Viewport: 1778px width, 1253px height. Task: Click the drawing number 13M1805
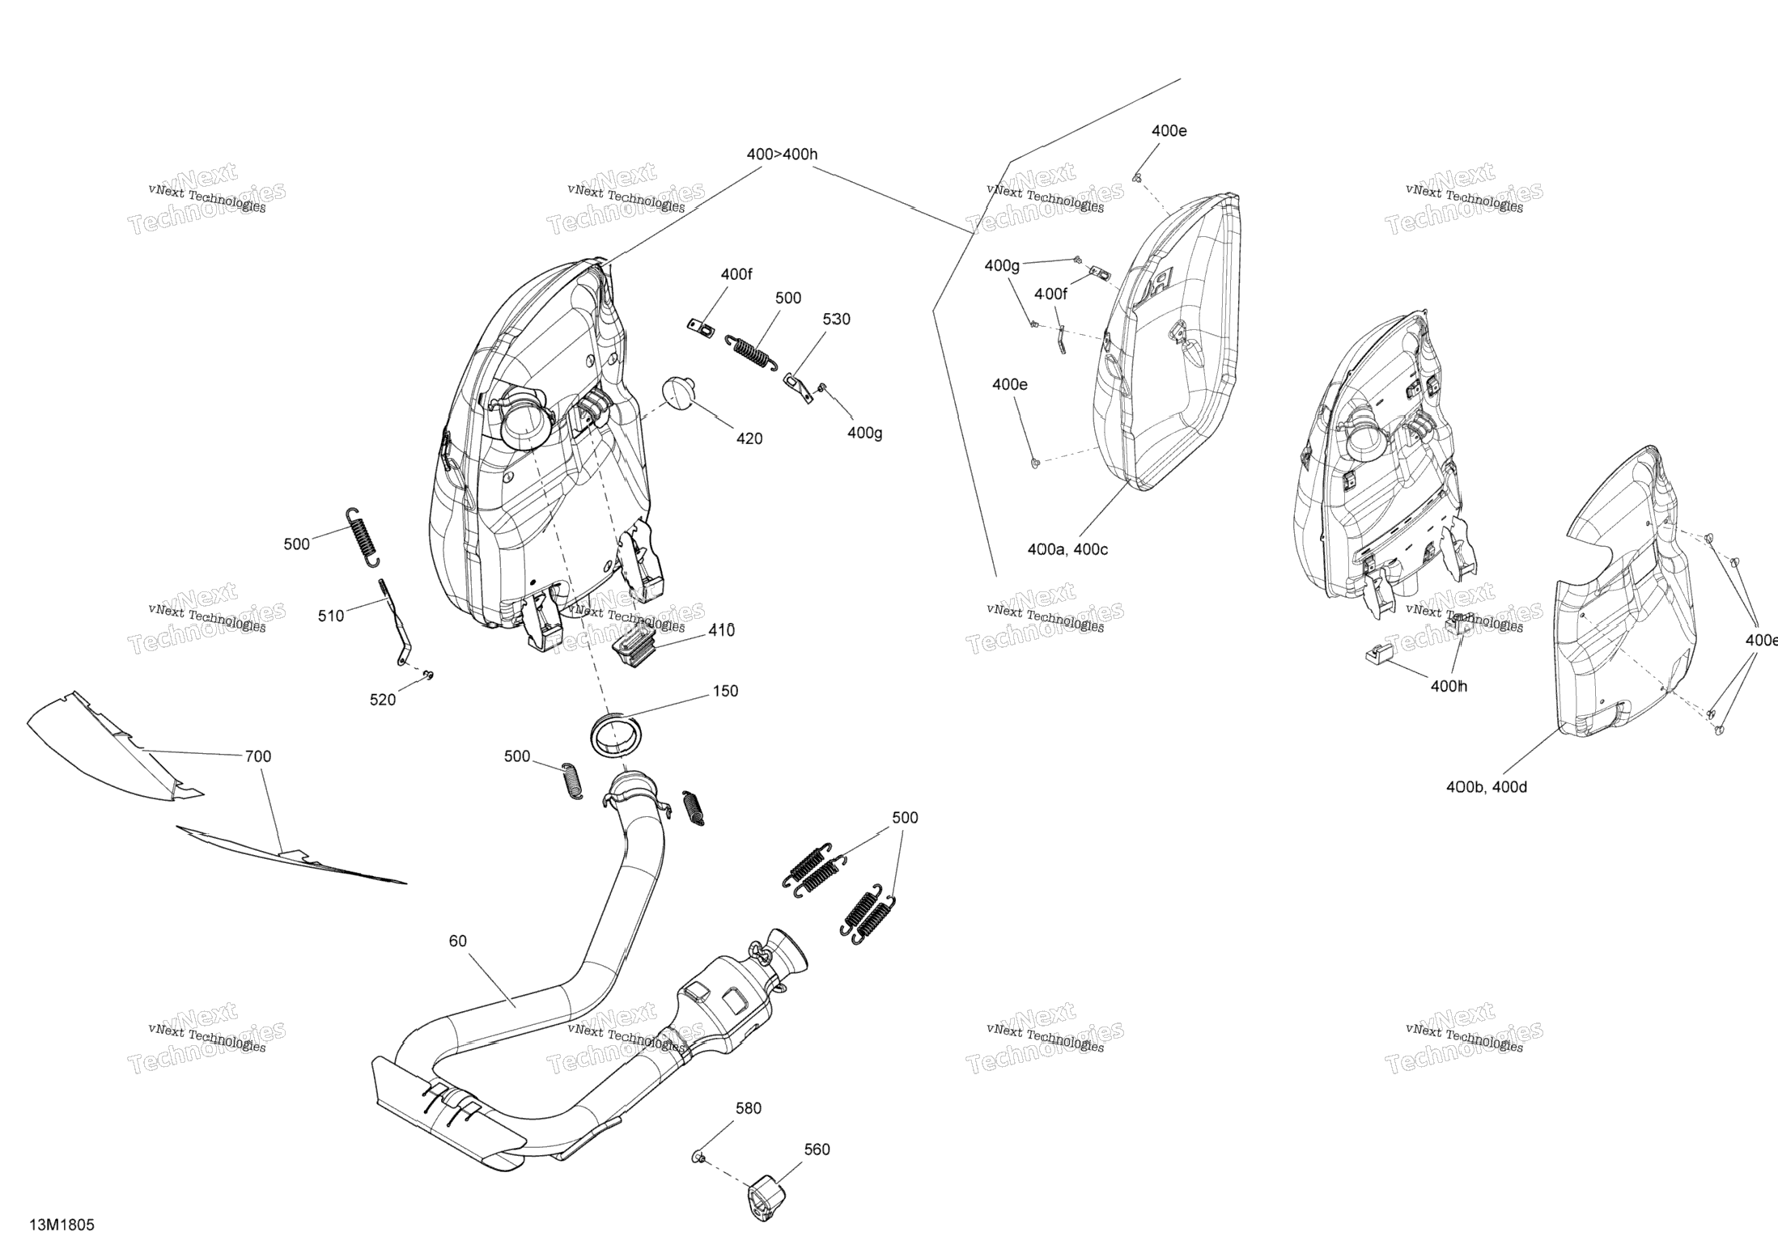(x=62, y=1225)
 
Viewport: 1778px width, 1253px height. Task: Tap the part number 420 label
(x=749, y=438)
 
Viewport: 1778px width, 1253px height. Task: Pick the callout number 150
(x=725, y=691)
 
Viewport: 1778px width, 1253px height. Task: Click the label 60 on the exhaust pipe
(x=458, y=941)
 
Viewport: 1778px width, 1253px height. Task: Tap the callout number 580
(x=748, y=1108)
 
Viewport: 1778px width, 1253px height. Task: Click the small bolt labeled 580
(x=697, y=1158)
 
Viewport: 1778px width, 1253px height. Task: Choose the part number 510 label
(x=330, y=616)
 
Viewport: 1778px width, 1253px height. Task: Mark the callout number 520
(x=383, y=700)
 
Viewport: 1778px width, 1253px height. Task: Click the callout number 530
(x=836, y=320)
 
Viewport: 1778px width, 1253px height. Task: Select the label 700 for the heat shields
(x=258, y=756)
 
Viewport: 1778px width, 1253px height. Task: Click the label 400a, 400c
(x=1067, y=549)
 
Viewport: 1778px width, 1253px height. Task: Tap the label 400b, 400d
(x=1487, y=786)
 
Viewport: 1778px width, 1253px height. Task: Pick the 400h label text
(x=1449, y=686)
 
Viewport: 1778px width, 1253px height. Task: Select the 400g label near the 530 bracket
(x=864, y=434)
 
